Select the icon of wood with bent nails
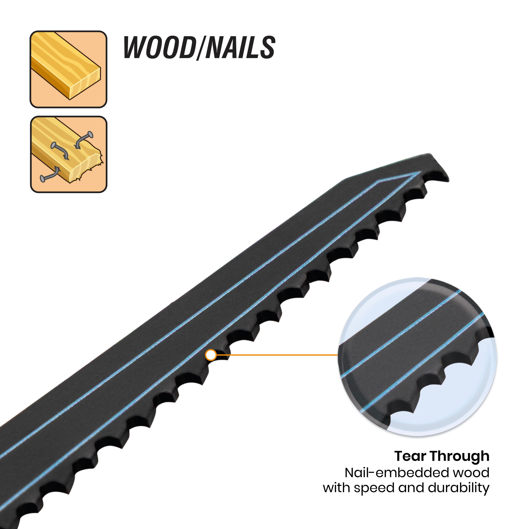pyautogui.click(x=68, y=154)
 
